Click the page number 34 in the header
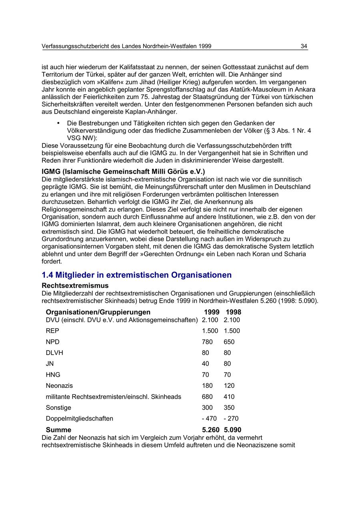point(304,46)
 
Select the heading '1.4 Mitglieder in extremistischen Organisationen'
point(136,275)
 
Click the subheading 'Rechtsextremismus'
point(75,286)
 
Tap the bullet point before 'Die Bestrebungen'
point(58,123)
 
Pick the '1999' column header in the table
point(212,312)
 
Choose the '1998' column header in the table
point(234,312)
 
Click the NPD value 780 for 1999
point(207,342)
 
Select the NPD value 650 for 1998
point(229,342)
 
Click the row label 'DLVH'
point(54,353)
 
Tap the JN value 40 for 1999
point(206,364)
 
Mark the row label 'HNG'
point(53,375)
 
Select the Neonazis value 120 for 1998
point(229,386)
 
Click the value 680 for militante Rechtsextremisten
point(207,397)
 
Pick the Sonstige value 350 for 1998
point(229,408)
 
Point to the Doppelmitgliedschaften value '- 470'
point(209,419)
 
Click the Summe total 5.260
point(211,430)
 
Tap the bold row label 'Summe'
point(58,430)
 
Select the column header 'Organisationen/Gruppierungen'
point(98,312)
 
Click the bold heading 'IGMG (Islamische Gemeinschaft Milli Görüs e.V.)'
point(123,172)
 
